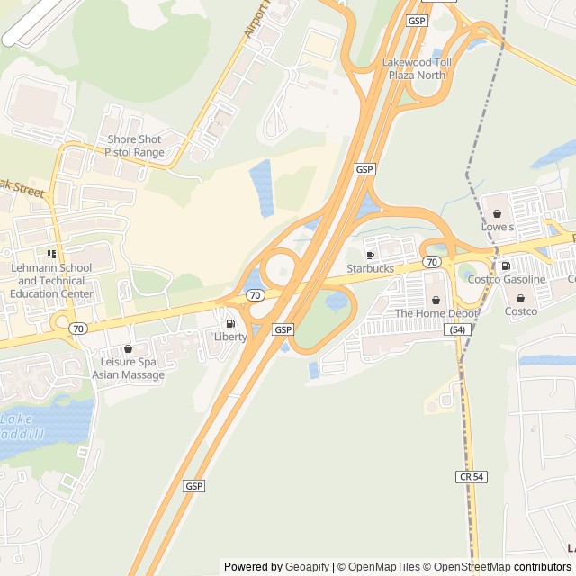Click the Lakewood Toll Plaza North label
[414, 68]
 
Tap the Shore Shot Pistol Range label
[135, 146]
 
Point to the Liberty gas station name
[230, 337]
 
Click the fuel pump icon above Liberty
[230, 324]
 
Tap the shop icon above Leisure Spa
[128, 348]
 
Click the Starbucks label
[370, 268]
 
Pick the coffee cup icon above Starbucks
[370, 256]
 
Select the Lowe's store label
[497, 227]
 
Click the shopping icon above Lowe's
[497, 214]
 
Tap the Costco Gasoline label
[506, 279]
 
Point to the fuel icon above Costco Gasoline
[506, 266]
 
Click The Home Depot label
[436, 313]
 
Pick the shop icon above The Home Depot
[436, 301]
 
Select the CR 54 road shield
[472, 476]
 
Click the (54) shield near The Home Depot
[458, 330]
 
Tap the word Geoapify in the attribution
[307, 567]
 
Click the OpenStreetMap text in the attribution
[469, 567]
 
